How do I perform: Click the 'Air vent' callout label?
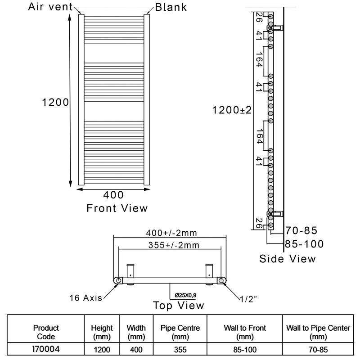[50, 7]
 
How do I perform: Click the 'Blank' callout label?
[171, 7]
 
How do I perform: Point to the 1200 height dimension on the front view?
[55, 102]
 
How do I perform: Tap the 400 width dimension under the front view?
[113, 195]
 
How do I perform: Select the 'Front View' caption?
[117, 208]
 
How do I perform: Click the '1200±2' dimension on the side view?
[232, 110]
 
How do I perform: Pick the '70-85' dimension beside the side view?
[301, 230]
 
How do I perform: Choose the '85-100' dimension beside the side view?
[304, 244]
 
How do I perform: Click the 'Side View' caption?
[288, 259]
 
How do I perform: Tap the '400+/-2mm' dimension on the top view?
[171, 233]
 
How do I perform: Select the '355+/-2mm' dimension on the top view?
[174, 245]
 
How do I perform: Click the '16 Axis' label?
[85, 298]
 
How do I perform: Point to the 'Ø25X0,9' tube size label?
[185, 295]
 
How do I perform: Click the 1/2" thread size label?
[248, 299]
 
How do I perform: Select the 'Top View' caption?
[178, 306]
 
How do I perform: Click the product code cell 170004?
[46, 349]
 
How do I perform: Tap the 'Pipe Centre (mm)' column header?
[180, 332]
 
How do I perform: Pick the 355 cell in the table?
[180, 350]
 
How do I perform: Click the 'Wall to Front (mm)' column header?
[245, 332]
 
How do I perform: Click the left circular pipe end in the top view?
[118, 280]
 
